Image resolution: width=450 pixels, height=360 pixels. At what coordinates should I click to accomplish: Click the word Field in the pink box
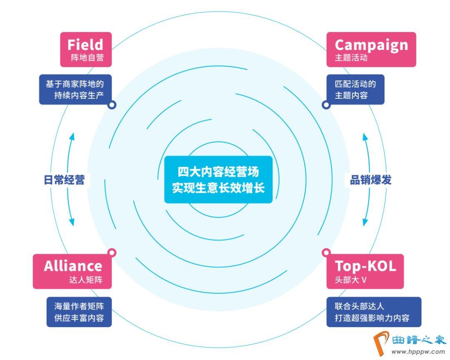(x=85, y=44)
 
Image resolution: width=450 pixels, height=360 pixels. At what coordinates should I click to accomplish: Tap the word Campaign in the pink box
(x=371, y=45)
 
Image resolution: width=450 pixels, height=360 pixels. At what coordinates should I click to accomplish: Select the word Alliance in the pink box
(x=73, y=266)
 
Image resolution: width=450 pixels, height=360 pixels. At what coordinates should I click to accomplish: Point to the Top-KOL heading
(x=365, y=266)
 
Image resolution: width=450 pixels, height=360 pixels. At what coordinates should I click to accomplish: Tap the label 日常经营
(x=64, y=180)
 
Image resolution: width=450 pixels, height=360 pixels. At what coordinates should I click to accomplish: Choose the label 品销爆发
(x=370, y=180)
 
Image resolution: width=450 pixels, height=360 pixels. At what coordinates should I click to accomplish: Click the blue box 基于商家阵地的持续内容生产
(x=75, y=89)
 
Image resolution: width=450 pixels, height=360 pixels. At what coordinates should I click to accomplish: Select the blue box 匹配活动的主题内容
(x=355, y=89)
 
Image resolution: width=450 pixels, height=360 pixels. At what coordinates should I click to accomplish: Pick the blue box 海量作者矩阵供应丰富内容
(x=79, y=312)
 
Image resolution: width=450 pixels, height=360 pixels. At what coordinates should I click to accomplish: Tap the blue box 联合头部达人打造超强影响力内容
(x=373, y=312)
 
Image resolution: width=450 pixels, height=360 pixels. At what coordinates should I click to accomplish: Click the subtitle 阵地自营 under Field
(x=87, y=57)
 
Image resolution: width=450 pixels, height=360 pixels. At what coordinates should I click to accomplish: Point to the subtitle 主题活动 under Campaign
(x=351, y=57)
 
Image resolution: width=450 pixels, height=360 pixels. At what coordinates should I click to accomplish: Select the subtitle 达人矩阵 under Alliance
(x=85, y=280)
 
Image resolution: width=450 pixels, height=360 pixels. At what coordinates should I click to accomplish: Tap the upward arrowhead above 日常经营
(x=72, y=136)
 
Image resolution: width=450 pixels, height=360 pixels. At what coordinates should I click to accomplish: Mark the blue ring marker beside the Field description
(x=111, y=105)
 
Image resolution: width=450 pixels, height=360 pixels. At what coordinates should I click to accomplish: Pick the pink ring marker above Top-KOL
(x=326, y=252)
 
